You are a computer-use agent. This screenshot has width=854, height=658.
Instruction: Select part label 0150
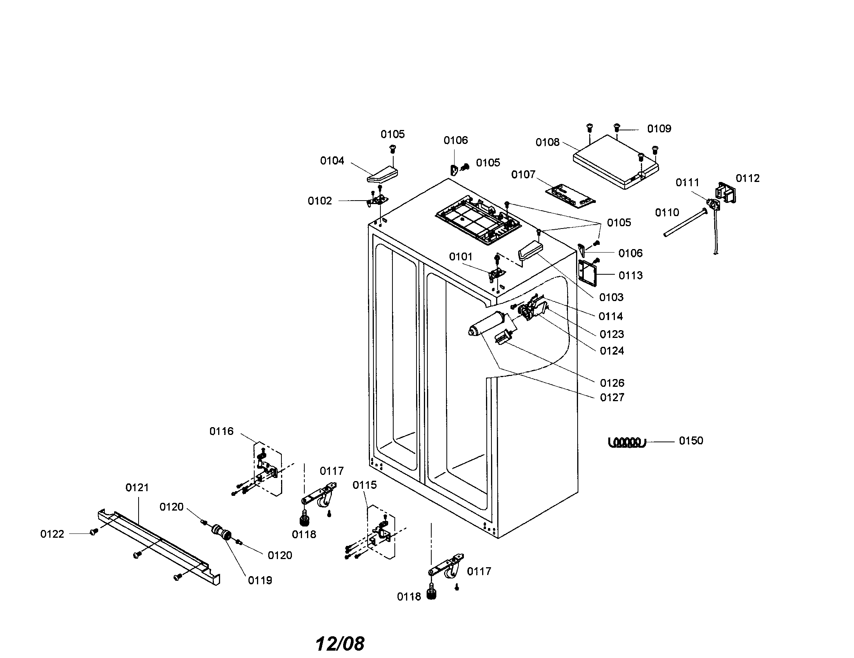pyautogui.click(x=691, y=441)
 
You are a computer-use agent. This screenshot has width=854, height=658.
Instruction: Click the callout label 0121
pyautogui.click(x=137, y=488)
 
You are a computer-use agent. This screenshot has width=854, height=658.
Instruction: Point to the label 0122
pyautogui.click(x=52, y=534)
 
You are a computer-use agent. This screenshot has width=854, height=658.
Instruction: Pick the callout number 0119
pyautogui.click(x=260, y=581)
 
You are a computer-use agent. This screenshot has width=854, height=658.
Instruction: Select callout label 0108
pyautogui.click(x=547, y=143)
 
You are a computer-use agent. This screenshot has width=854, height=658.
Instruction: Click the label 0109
pyautogui.click(x=659, y=129)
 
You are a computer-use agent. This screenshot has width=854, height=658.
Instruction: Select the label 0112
pyautogui.click(x=747, y=178)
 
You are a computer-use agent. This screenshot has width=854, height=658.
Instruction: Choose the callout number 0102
pyautogui.click(x=319, y=201)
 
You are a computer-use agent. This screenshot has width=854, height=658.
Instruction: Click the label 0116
pyautogui.click(x=221, y=431)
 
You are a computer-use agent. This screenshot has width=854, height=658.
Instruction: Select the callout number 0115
pyautogui.click(x=365, y=485)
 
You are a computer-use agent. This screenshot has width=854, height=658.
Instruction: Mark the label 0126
pyautogui.click(x=612, y=383)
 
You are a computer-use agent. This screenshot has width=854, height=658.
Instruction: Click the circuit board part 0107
pyautogui.click(x=570, y=195)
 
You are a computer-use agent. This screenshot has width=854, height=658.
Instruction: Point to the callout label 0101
pyautogui.click(x=460, y=257)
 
